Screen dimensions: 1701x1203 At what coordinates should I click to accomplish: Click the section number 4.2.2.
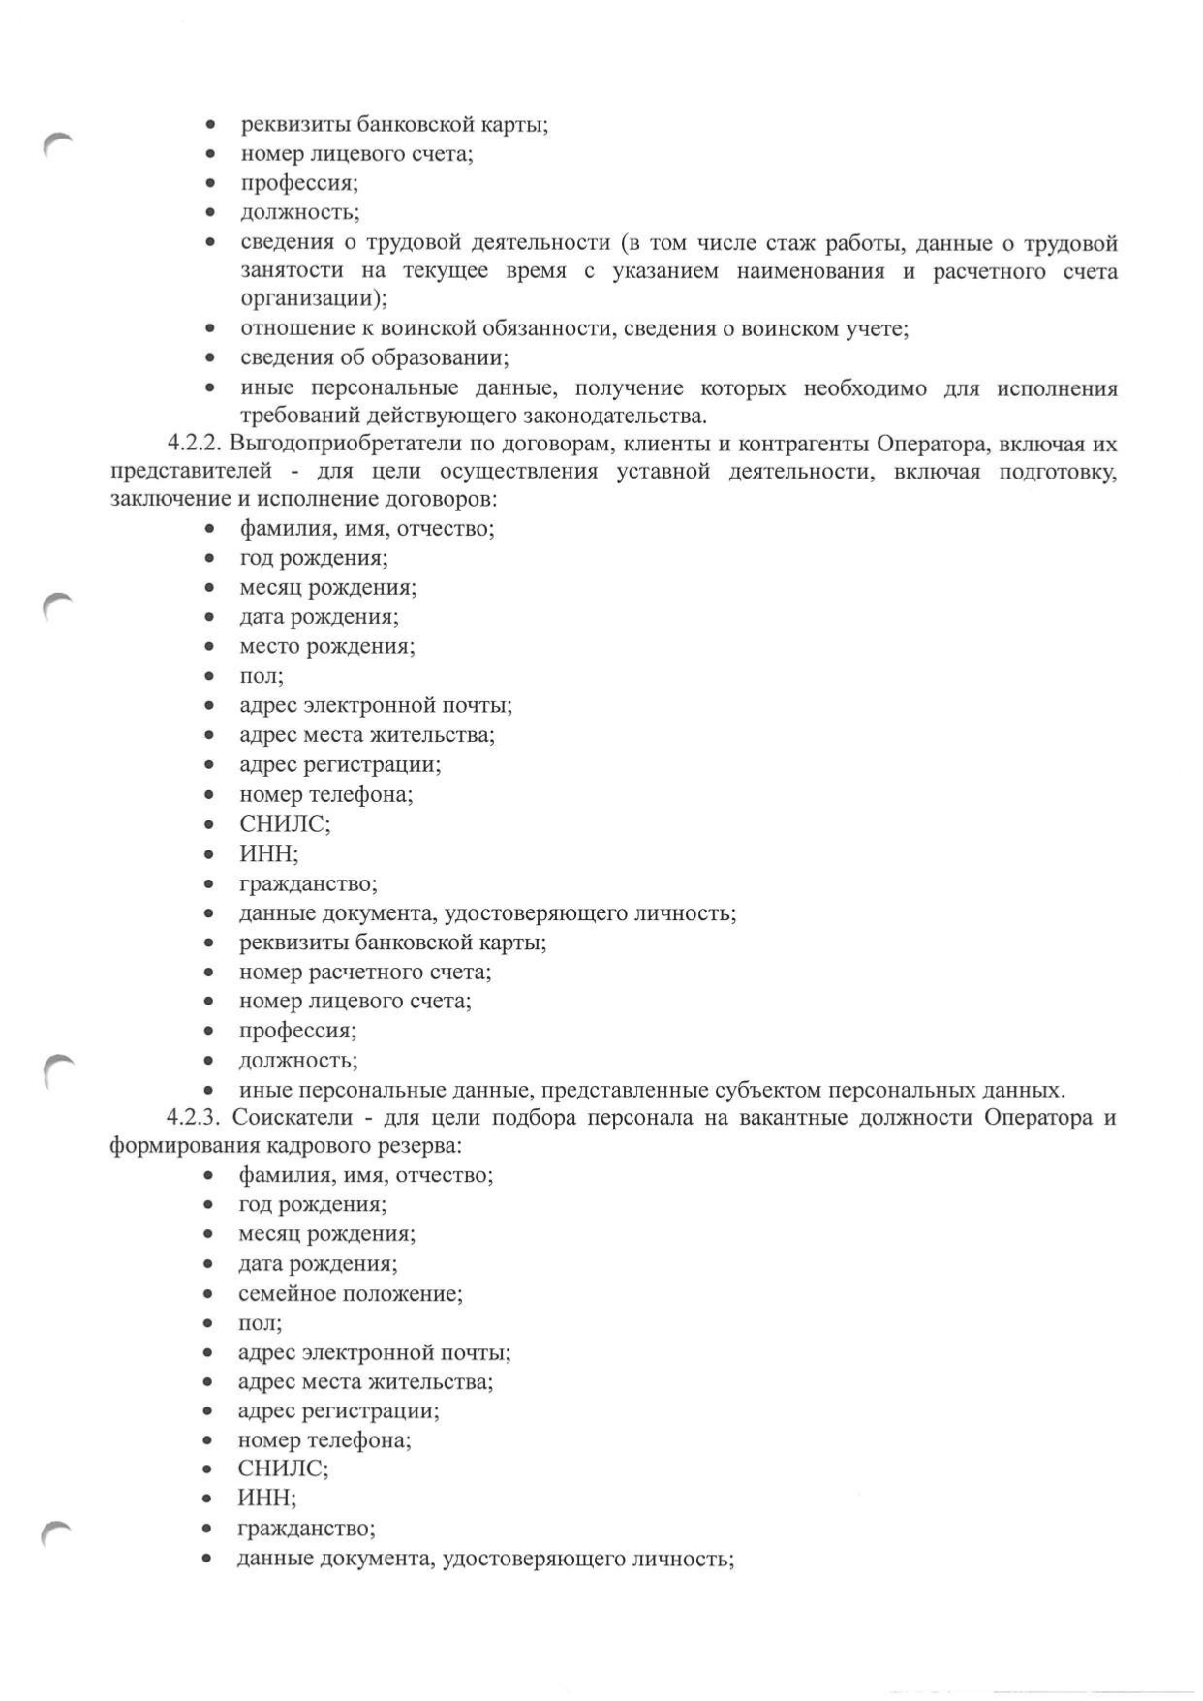(196, 445)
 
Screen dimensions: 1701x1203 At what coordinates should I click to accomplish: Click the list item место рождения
(326, 646)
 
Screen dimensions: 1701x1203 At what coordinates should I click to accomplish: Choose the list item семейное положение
(350, 1293)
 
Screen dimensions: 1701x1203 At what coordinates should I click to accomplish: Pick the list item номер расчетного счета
(365, 972)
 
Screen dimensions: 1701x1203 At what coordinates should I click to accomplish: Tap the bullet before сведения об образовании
(209, 358)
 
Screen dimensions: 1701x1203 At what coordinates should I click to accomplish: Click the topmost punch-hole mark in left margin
(58, 144)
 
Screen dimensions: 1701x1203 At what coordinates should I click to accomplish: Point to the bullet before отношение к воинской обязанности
(209, 329)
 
